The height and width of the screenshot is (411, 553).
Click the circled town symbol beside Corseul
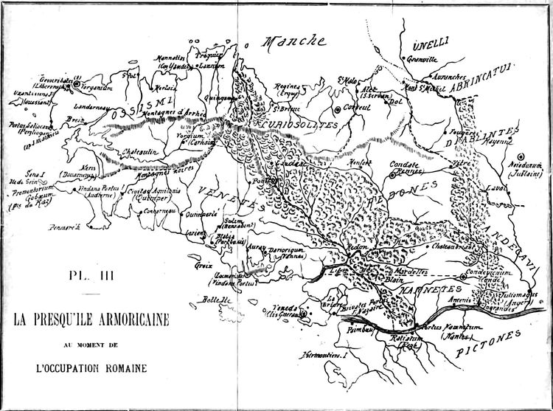coord(337,109)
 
